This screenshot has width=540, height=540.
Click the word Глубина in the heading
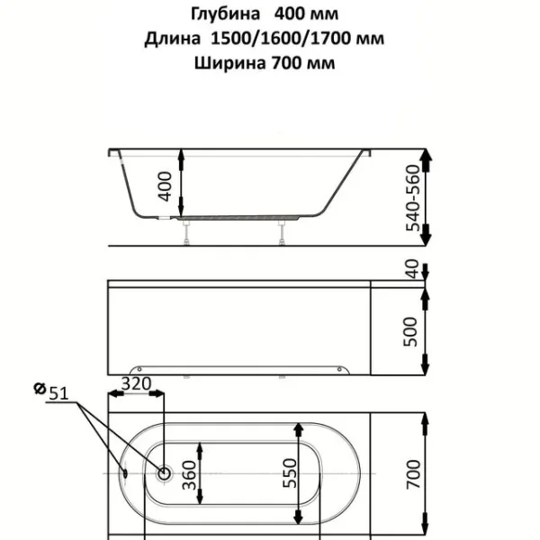(226, 14)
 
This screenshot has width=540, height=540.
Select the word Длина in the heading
(172, 39)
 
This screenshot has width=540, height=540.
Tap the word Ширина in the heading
(229, 63)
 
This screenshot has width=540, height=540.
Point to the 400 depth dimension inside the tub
(166, 186)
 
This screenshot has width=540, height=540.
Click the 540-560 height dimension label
(413, 198)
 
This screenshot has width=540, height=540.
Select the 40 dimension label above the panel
(412, 268)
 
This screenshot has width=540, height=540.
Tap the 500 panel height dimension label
(410, 331)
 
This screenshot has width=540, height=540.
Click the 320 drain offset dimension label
(137, 383)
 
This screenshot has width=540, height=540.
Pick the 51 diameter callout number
(58, 393)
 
